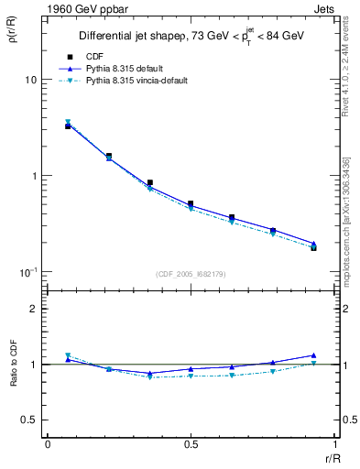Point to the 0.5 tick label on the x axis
click(191, 444)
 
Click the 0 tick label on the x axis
click(48, 444)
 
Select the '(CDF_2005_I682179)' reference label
click(191, 274)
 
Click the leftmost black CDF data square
click(68, 126)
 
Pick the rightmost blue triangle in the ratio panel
click(313, 354)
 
